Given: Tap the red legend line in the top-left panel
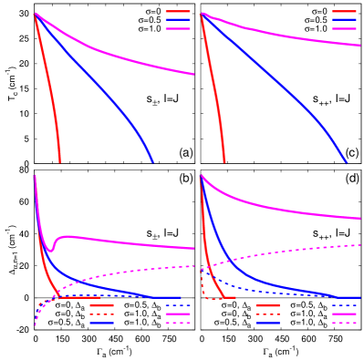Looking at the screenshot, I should [x=178, y=11].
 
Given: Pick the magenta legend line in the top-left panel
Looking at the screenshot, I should [x=178, y=28].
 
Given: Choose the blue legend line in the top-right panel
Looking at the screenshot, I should [x=344, y=19].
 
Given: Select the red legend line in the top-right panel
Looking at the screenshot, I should [x=344, y=11].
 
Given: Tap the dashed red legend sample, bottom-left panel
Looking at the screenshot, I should [x=102, y=314].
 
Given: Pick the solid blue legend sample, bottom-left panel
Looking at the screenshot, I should [x=102, y=323].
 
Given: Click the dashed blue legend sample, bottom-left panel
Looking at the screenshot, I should [x=178, y=305].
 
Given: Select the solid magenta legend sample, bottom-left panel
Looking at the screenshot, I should [x=178, y=314].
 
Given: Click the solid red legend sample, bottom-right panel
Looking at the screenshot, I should [x=268, y=305].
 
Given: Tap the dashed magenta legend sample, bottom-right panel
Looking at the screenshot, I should [x=344, y=323].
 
